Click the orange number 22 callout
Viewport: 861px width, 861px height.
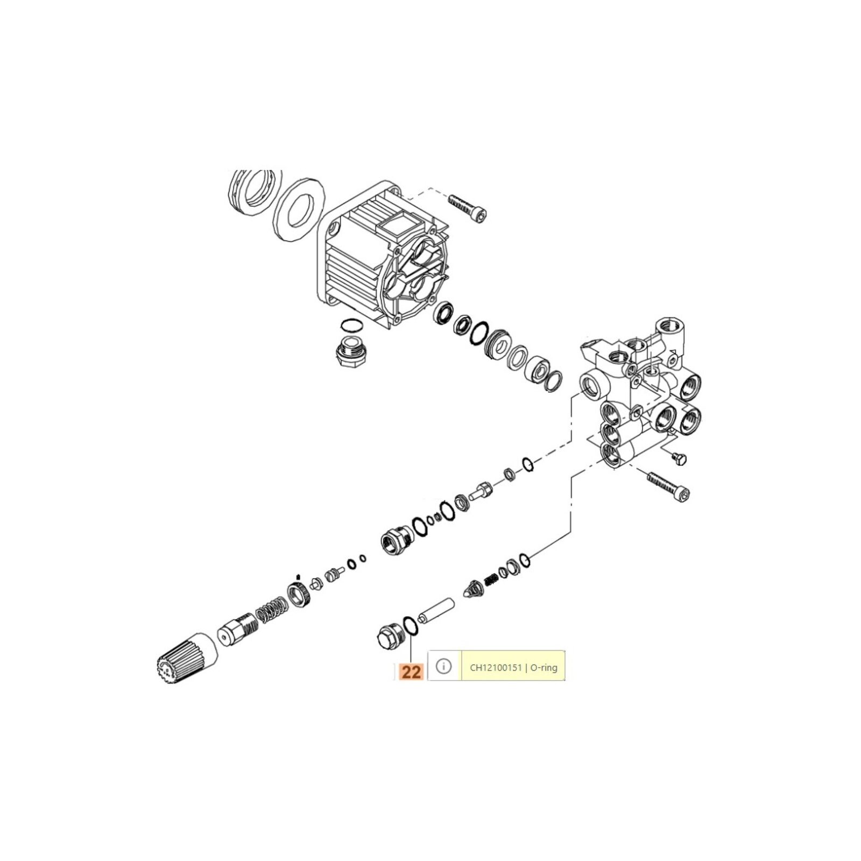click(x=411, y=671)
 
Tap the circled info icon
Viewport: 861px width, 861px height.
click(x=443, y=667)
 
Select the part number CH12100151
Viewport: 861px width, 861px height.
click(x=496, y=668)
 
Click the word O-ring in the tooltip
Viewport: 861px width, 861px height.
click(x=544, y=668)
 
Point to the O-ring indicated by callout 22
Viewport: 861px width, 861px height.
click(x=411, y=626)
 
